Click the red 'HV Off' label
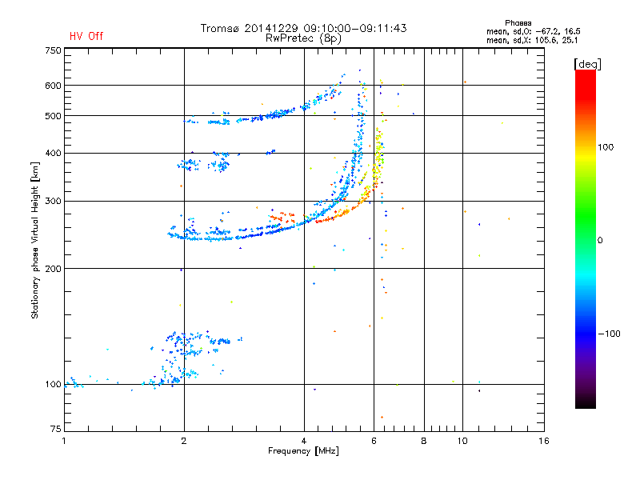[86, 36]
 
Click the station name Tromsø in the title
[223, 28]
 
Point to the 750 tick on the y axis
[53, 50]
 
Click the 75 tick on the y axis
[55, 431]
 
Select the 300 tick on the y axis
[53, 201]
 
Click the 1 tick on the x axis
[64, 441]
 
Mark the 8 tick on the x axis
[423, 441]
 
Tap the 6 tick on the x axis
[374, 441]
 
